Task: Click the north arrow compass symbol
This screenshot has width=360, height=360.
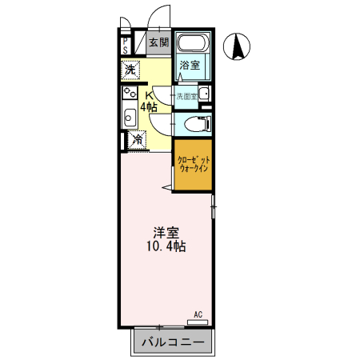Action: [x=238, y=47]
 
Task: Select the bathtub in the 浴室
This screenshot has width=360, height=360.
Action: [x=192, y=46]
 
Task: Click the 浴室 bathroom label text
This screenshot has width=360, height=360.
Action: [x=190, y=66]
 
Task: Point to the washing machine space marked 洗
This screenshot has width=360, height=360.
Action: [x=130, y=70]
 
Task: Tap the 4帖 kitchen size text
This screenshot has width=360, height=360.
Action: [x=149, y=106]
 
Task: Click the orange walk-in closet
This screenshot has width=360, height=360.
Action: [x=194, y=166]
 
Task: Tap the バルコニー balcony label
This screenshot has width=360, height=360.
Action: [x=173, y=343]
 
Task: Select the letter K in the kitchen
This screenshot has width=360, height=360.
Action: [x=149, y=94]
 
